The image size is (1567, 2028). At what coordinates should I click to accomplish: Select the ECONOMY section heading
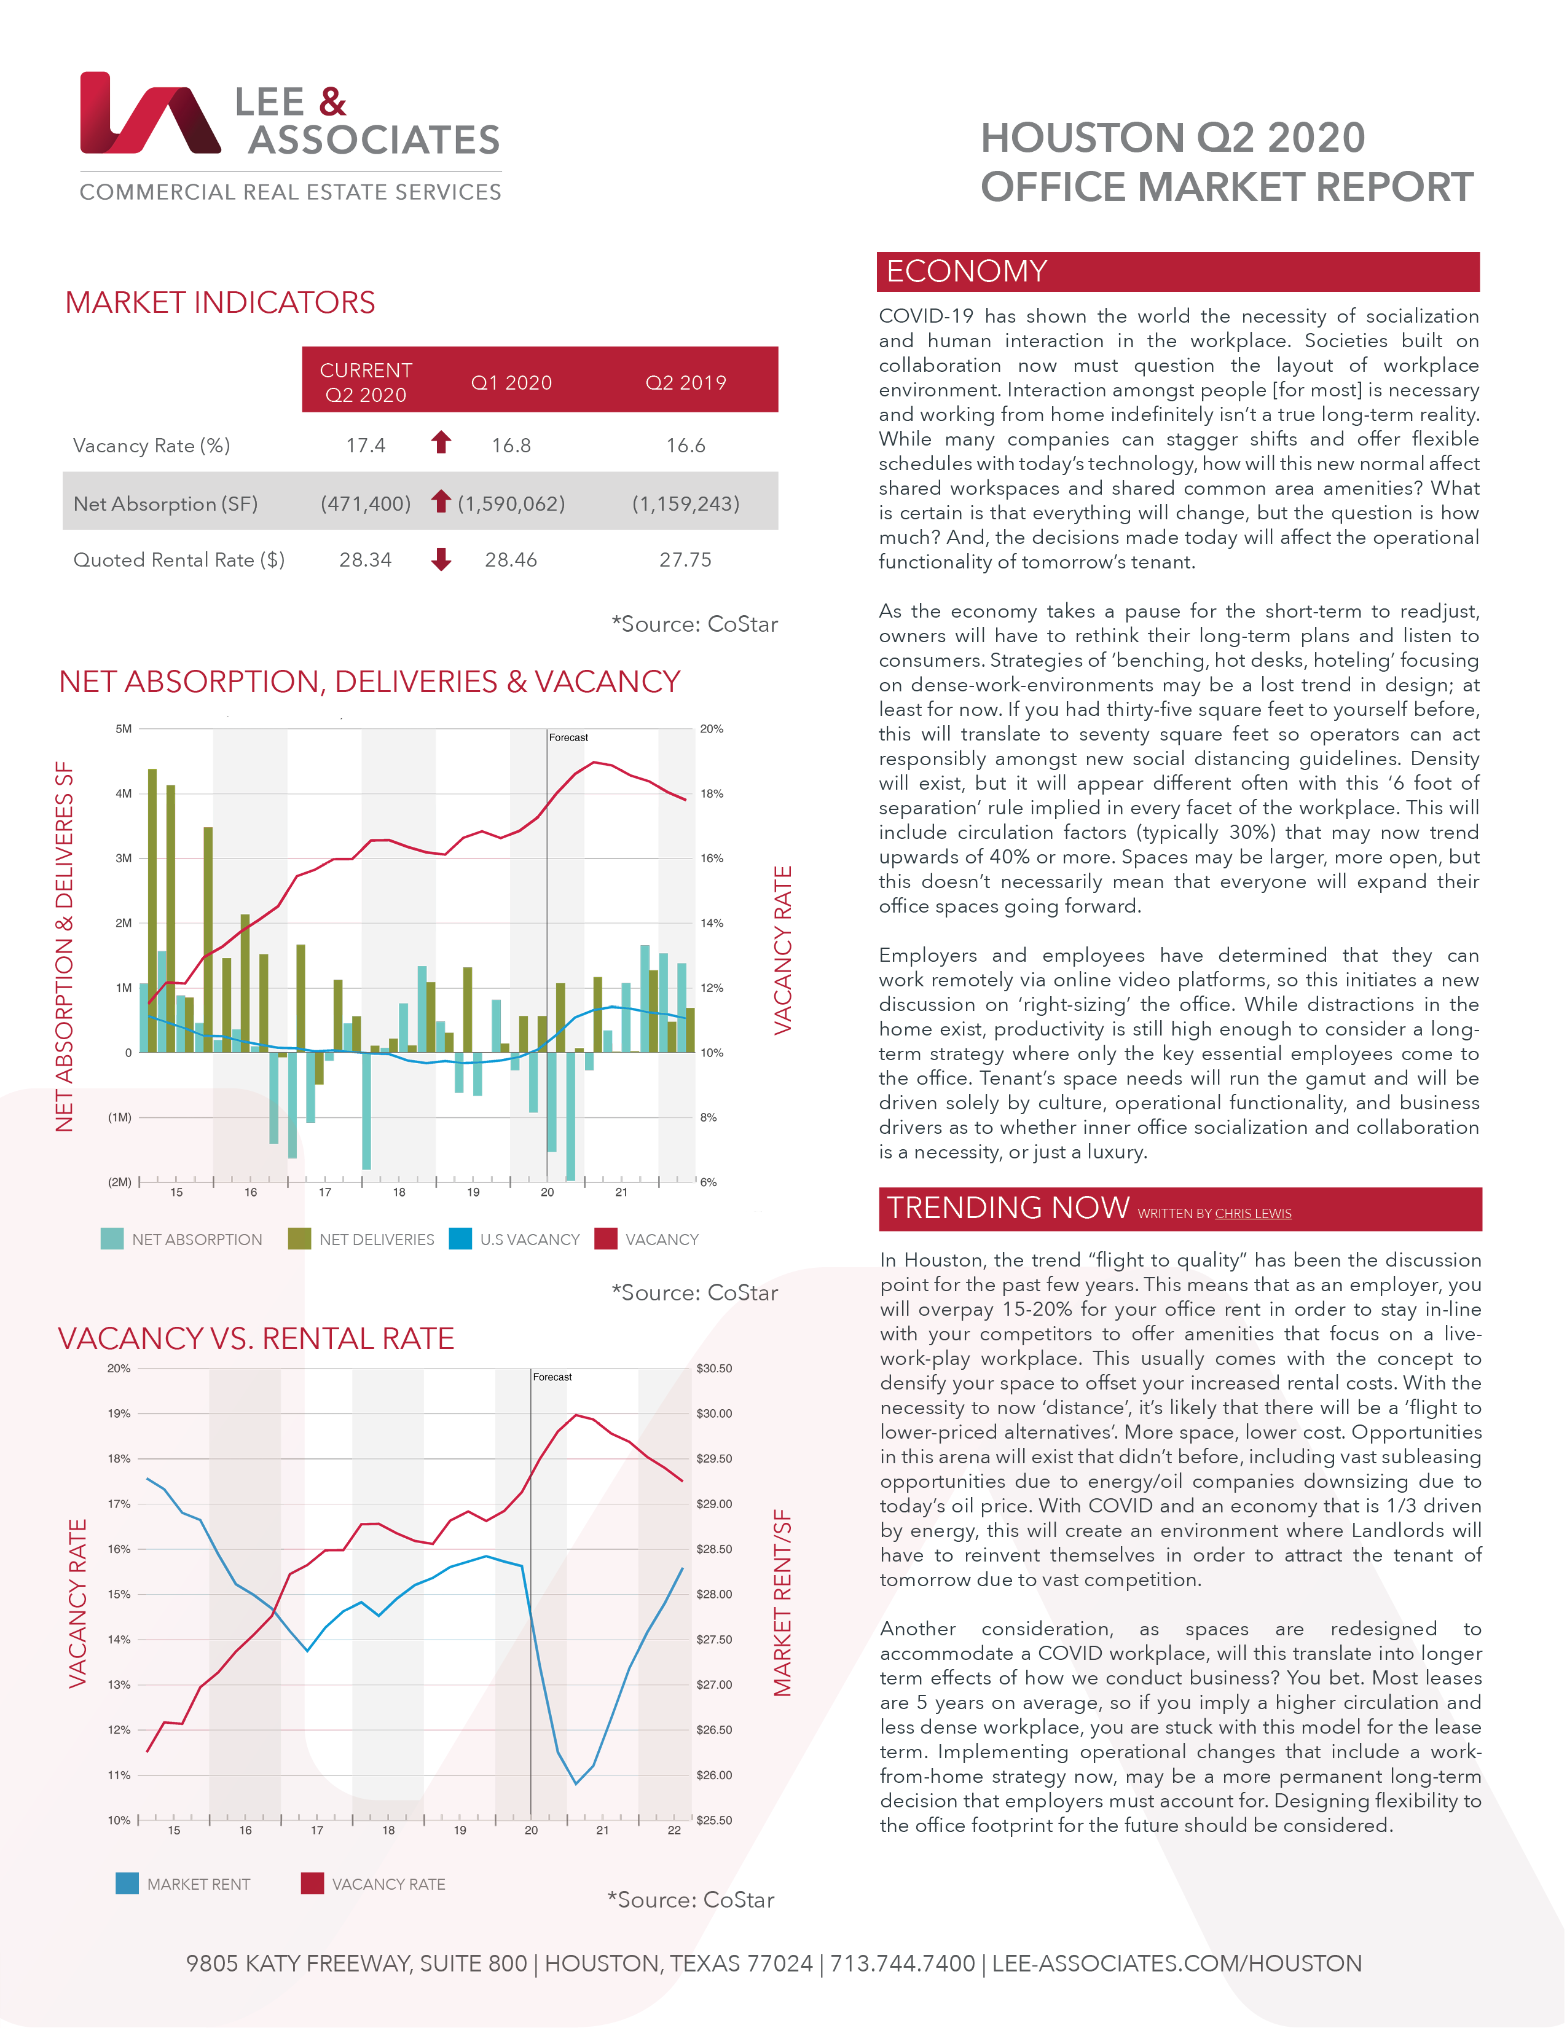pos(967,271)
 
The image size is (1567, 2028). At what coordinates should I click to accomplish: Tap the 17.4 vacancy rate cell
pos(365,446)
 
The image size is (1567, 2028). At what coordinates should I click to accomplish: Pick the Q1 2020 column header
pos(511,383)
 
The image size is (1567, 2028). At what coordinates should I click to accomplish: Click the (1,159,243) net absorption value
pos(685,503)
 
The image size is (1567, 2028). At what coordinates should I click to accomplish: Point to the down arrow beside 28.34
pos(441,559)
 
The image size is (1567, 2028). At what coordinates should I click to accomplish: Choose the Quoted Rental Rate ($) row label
pos(178,560)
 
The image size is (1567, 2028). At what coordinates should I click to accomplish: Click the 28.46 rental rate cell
pos(511,560)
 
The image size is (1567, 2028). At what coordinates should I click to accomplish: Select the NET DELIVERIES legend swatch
pos(299,1239)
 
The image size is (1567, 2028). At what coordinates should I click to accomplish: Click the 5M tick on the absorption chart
pos(124,729)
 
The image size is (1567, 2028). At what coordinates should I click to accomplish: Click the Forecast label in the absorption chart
pos(568,737)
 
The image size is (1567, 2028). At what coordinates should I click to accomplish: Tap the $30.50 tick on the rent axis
pos(714,1369)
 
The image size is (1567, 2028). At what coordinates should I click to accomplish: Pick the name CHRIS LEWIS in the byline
pos(1252,1214)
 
